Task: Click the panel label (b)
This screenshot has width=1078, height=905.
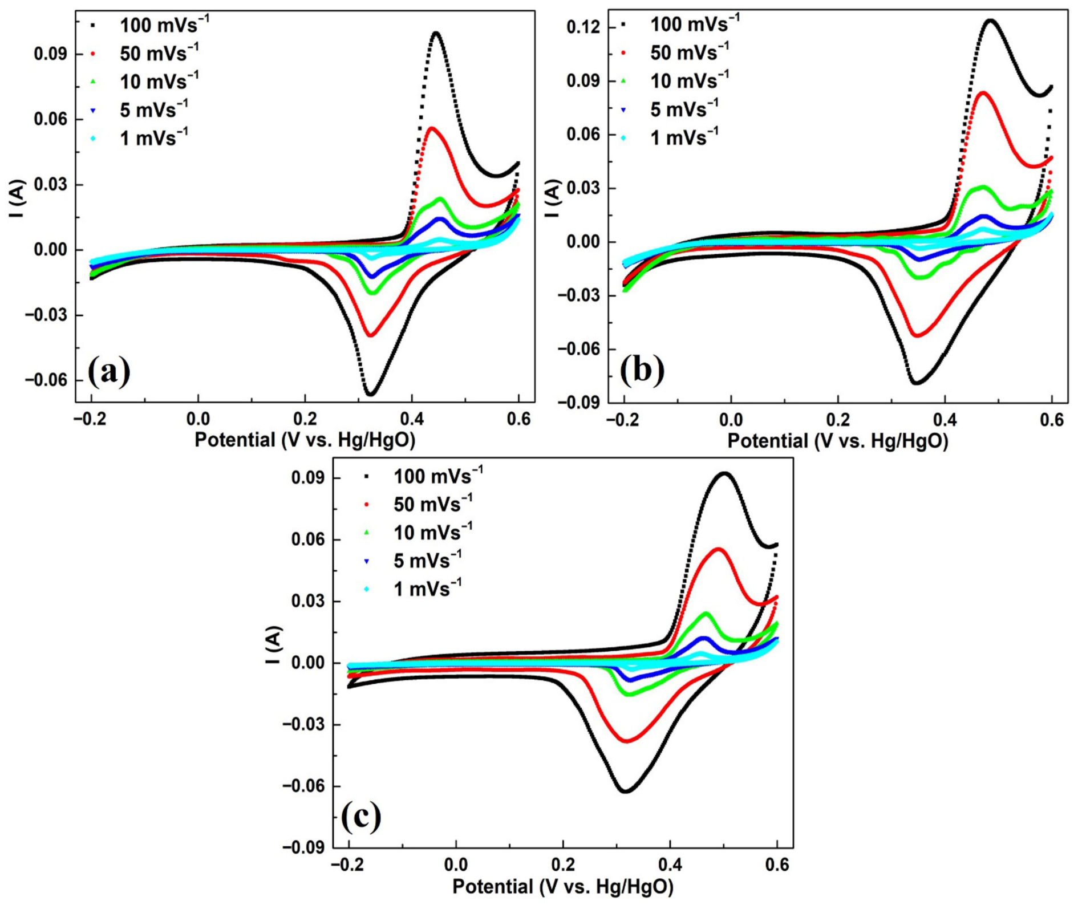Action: click(642, 370)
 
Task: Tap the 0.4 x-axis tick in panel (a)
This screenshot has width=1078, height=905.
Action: click(412, 419)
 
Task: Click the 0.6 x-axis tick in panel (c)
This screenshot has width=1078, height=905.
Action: click(777, 865)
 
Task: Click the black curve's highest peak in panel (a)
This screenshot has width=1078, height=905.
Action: click(436, 33)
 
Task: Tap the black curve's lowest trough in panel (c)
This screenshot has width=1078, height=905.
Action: click(625, 791)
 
